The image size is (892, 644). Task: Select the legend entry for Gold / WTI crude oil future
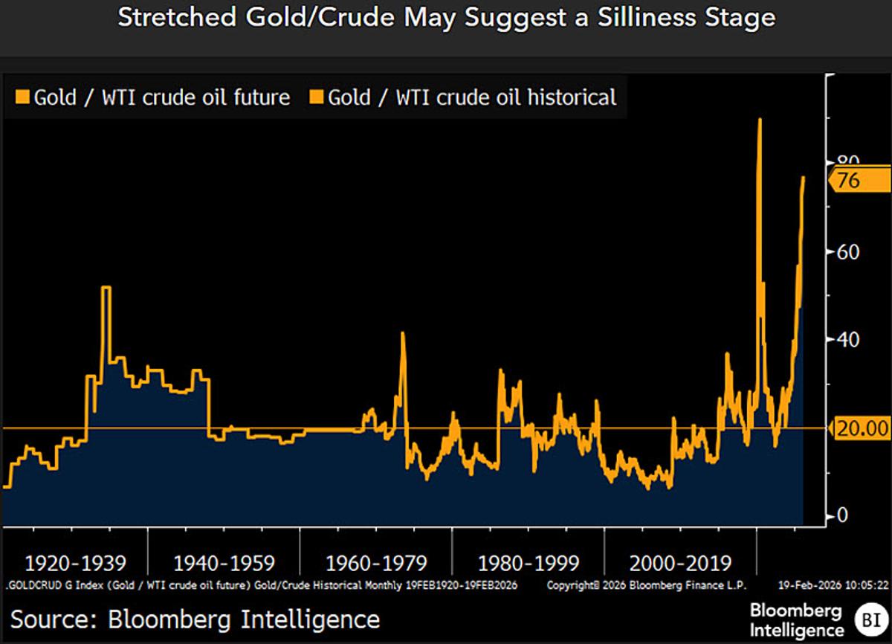(x=152, y=97)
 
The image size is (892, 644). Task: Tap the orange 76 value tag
(x=847, y=181)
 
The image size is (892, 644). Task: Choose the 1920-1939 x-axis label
(x=75, y=563)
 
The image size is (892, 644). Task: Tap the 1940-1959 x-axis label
(x=224, y=563)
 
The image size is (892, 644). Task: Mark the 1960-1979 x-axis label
(x=376, y=563)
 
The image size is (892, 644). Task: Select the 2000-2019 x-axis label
(x=680, y=563)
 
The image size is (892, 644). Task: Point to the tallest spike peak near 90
(x=759, y=120)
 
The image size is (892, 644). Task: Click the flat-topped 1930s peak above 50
(x=106, y=288)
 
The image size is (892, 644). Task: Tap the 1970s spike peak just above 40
(x=402, y=333)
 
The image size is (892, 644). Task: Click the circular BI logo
(x=867, y=619)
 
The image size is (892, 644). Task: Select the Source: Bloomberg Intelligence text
(x=195, y=619)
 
